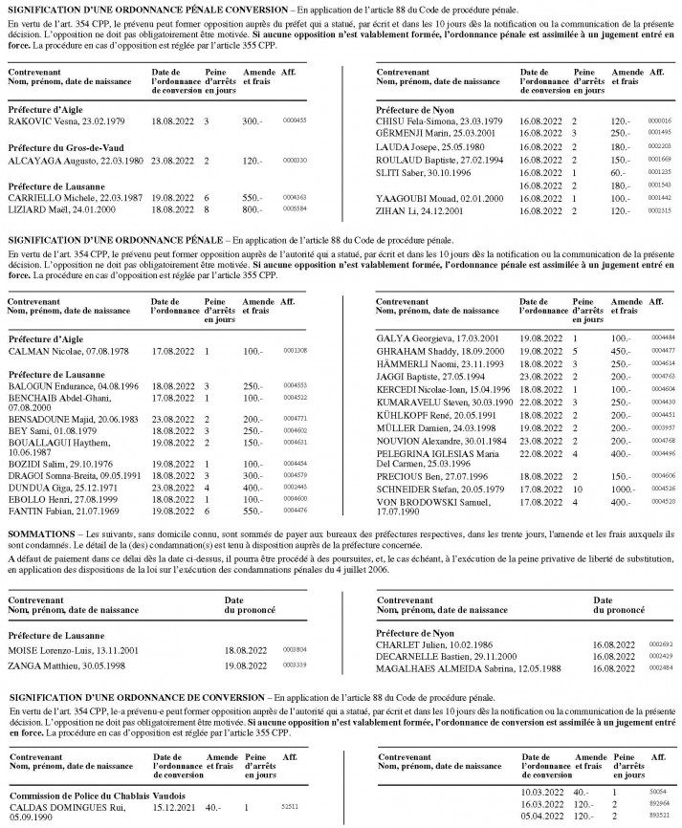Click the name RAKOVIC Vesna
point(38,122)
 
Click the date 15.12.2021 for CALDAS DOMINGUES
point(172,807)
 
